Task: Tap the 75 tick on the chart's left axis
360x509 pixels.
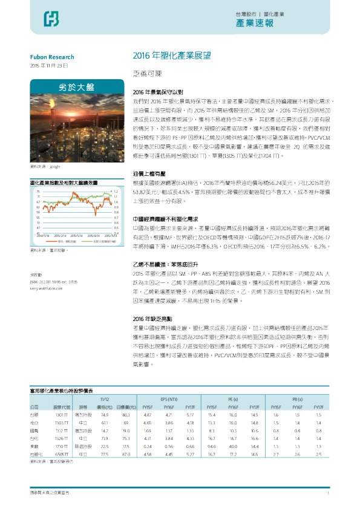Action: pyautogui.click(x=39, y=191)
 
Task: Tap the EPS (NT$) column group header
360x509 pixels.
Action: pyautogui.click(x=168, y=400)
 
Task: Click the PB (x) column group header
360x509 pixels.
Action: pyautogui.click(x=296, y=400)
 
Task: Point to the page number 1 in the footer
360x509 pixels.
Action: pyautogui.click(x=327, y=494)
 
